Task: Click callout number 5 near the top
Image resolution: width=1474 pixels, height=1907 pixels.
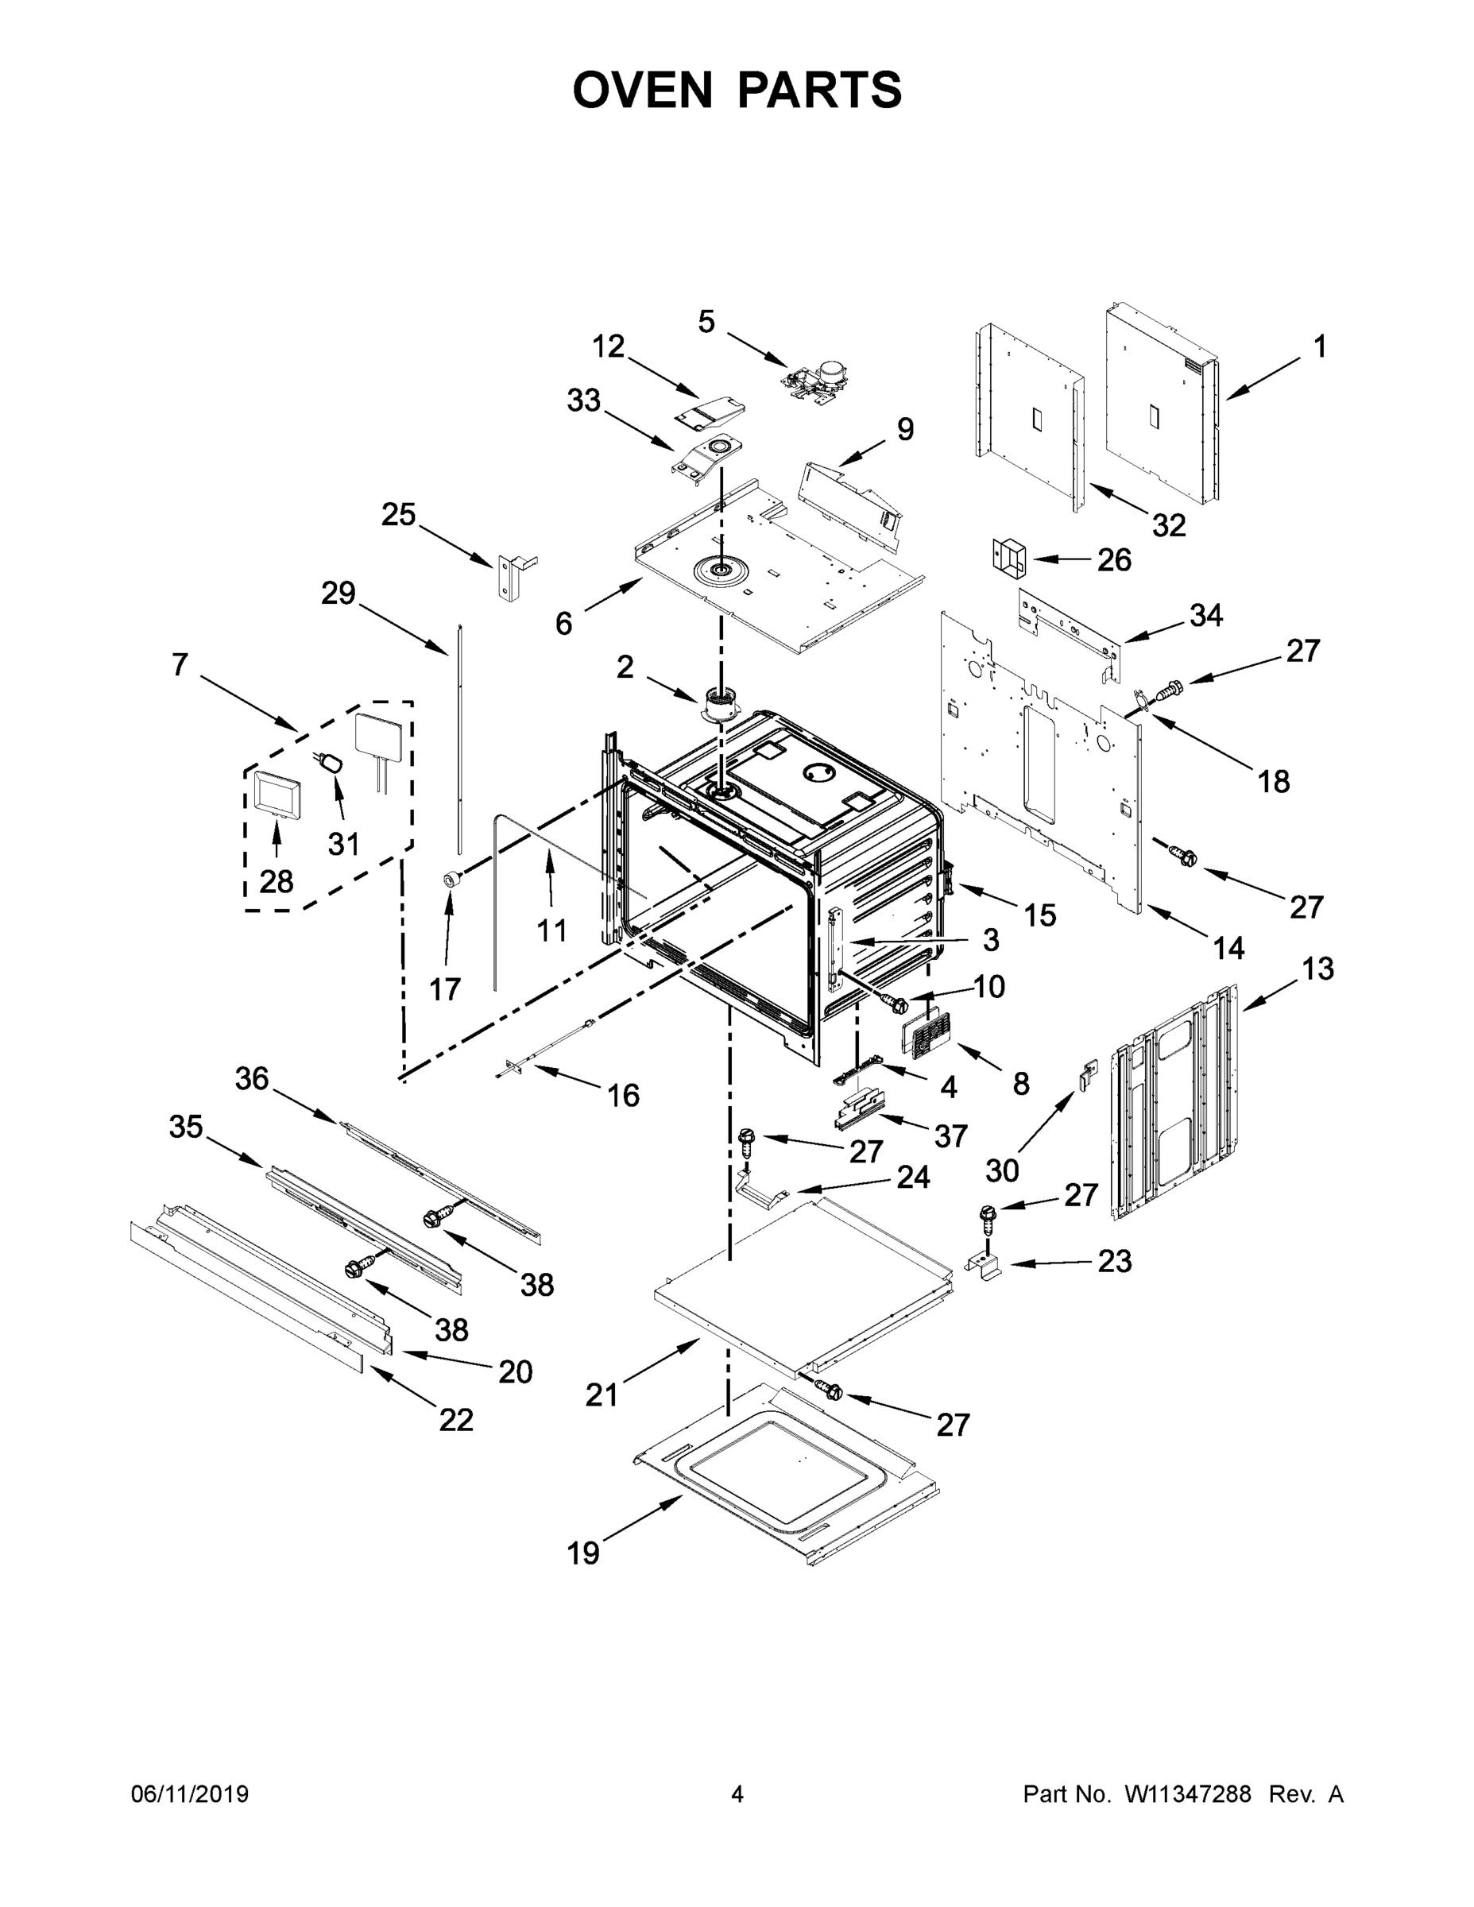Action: [706, 321]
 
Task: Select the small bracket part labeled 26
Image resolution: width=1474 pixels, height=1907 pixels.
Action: [1008, 557]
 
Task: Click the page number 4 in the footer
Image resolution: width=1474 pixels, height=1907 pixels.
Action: [737, 1794]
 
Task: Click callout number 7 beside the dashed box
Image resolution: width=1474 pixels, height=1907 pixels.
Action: [179, 664]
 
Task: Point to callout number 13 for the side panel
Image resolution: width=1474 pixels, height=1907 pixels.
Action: [1317, 968]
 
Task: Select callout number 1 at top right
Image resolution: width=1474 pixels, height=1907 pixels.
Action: [1319, 346]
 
